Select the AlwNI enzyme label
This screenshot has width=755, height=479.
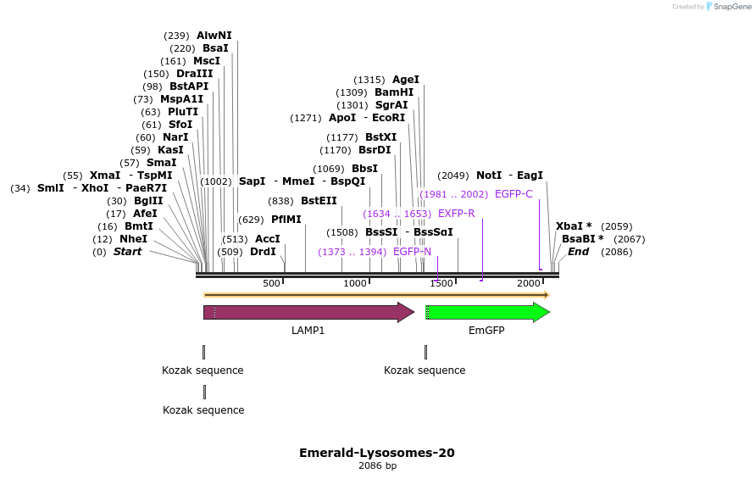214,36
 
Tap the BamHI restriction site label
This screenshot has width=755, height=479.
394,92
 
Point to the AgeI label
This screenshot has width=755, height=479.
406,80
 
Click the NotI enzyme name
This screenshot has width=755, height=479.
489,175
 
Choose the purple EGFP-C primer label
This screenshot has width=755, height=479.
514,194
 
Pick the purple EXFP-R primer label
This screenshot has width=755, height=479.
456,214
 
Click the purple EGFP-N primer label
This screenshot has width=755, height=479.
412,252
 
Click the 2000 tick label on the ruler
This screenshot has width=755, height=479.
529,283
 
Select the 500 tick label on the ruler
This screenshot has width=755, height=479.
271,283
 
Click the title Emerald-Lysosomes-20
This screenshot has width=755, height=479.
377,453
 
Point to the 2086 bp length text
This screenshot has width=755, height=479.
377,465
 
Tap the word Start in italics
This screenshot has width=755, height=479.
127,252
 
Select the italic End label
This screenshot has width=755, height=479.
578,252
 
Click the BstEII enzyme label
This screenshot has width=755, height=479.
319,201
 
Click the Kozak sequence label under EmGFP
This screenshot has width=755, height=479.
425,370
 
